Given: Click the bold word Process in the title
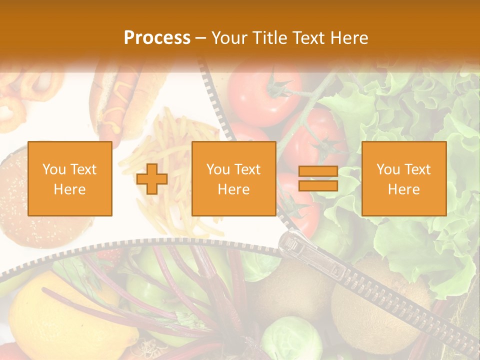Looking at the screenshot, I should click(x=157, y=38).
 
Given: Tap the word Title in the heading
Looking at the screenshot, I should click(x=271, y=38).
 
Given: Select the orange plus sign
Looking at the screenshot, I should click(x=152, y=179).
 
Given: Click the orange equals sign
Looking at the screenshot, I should click(x=318, y=178).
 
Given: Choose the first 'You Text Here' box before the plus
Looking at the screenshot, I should click(x=70, y=179).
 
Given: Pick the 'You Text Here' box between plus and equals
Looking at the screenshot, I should click(x=234, y=179).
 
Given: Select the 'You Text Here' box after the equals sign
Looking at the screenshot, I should click(x=404, y=179).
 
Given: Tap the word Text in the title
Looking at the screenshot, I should click(x=309, y=38).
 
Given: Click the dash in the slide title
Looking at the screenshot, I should click(x=201, y=38).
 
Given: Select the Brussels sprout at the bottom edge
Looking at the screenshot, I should click(x=290, y=340).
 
